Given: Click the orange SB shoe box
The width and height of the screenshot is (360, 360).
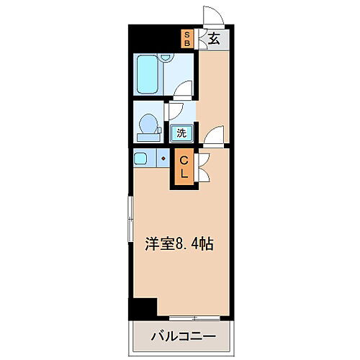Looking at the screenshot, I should [x=187, y=37].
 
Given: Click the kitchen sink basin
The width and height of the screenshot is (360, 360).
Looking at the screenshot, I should [x=141, y=158].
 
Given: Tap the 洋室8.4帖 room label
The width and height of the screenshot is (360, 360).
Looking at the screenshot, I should [x=181, y=243].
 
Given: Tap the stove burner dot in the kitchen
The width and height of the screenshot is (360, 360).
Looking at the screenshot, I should [x=163, y=158].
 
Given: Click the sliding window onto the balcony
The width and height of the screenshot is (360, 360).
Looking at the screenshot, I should [x=194, y=318].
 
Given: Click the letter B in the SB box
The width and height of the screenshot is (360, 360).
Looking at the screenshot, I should [x=187, y=42].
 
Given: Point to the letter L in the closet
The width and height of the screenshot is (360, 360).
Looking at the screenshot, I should [x=184, y=174].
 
